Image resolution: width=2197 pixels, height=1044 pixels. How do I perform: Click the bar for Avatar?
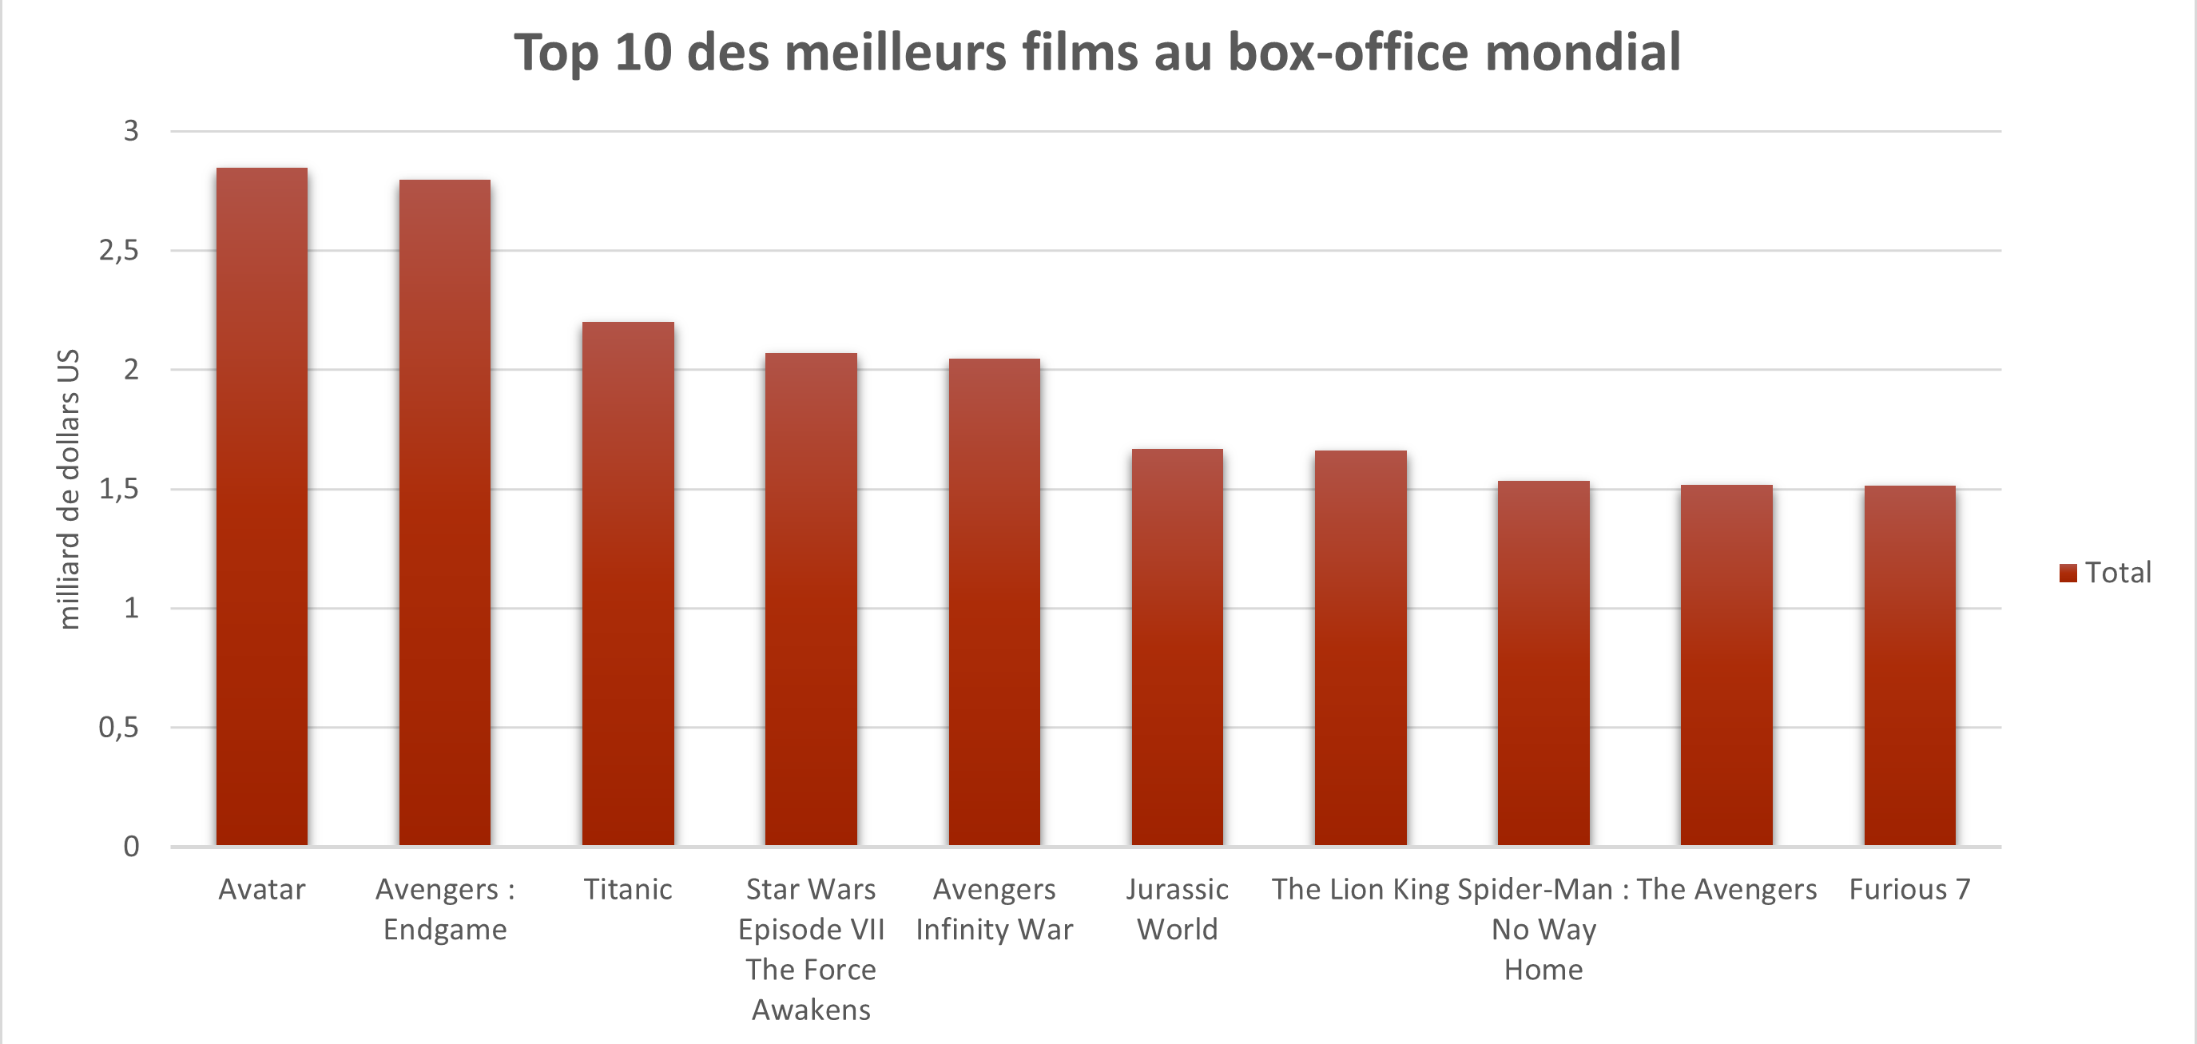[x=262, y=506]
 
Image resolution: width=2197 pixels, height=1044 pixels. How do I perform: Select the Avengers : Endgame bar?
[x=444, y=513]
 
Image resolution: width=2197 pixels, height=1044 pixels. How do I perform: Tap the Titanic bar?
[x=628, y=583]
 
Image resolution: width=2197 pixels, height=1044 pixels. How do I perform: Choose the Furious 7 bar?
[x=1909, y=665]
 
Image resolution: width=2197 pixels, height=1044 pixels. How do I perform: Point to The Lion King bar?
[x=1361, y=649]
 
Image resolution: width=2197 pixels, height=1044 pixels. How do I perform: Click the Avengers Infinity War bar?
[x=995, y=602]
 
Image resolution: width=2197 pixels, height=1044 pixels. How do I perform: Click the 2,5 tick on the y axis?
[x=118, y=251]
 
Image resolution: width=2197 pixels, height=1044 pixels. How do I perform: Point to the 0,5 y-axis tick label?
[x=118, y=728]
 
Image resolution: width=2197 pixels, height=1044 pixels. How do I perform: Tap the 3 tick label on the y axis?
[x=131, y=131]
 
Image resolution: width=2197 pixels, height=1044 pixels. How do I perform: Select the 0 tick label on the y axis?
[x=131, y=847]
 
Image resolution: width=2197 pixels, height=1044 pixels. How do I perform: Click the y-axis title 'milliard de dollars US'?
[x=68, y=489]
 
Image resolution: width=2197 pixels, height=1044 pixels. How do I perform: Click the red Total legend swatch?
[x=2068, y=574]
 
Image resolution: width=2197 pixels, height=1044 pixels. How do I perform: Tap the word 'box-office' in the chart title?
[x=1349, y=53]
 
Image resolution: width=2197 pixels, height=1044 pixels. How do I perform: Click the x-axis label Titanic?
[x=628, y=890]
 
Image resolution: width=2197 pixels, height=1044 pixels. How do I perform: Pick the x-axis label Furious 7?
[x=1909, y=890]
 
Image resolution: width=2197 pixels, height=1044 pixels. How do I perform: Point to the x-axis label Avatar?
[x=262, y=890]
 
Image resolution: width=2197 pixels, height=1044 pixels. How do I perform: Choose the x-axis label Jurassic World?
[x=1177, y=909]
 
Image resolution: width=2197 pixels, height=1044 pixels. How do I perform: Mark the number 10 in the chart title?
[x=643, y=53]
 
